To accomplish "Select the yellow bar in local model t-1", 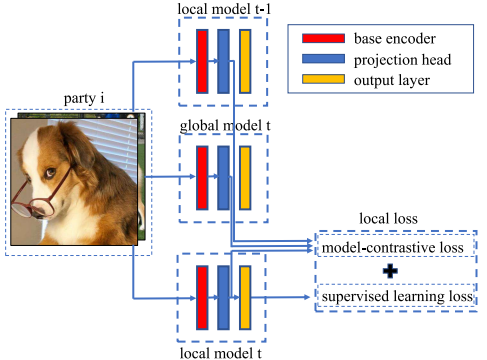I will point(245,59).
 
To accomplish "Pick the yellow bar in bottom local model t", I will point(245,297).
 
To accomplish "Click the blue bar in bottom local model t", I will point(223,297).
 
